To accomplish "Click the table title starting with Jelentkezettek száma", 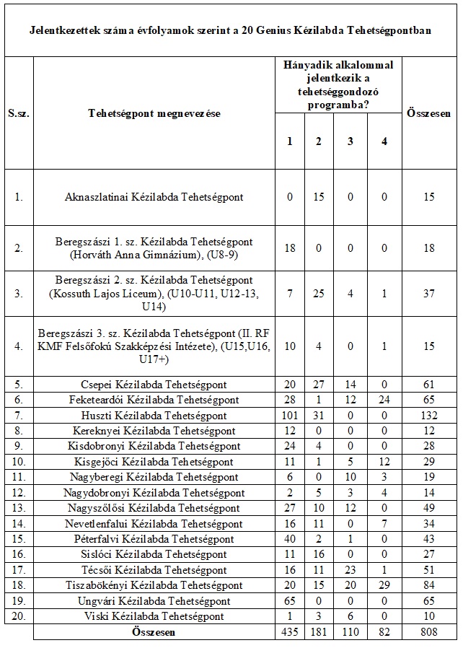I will (x=231, y=31).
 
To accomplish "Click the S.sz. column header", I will (x=18, y=113).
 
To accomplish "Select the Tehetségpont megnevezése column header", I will (x=154, y=113).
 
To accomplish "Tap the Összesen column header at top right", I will (x=430, y=113).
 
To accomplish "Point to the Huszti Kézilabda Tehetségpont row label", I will (x=154, y=416).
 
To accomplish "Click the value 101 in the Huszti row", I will (x=290, y=416).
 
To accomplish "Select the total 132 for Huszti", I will (x=430, y=416).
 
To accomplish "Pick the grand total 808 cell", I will (x=430, y=632).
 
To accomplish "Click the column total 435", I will (x=290, y=632).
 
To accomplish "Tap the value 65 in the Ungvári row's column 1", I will (x=290, y=601).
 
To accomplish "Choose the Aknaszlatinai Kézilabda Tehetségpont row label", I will (x=154, y=197).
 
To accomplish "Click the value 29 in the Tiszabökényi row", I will (x=384, y=585).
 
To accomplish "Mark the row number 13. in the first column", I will (x=18, y=508).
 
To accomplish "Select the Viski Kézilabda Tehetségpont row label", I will (x=154, y=616).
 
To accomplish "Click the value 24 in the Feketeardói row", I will (x=384, y=400).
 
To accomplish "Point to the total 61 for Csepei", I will (x=430, y=385).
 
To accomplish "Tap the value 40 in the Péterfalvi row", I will (x=290, y=539).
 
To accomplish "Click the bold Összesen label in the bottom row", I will (x=154, y=632).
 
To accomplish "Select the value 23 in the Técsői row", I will (x=350, y=570).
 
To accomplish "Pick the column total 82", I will (x=384, y=632).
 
